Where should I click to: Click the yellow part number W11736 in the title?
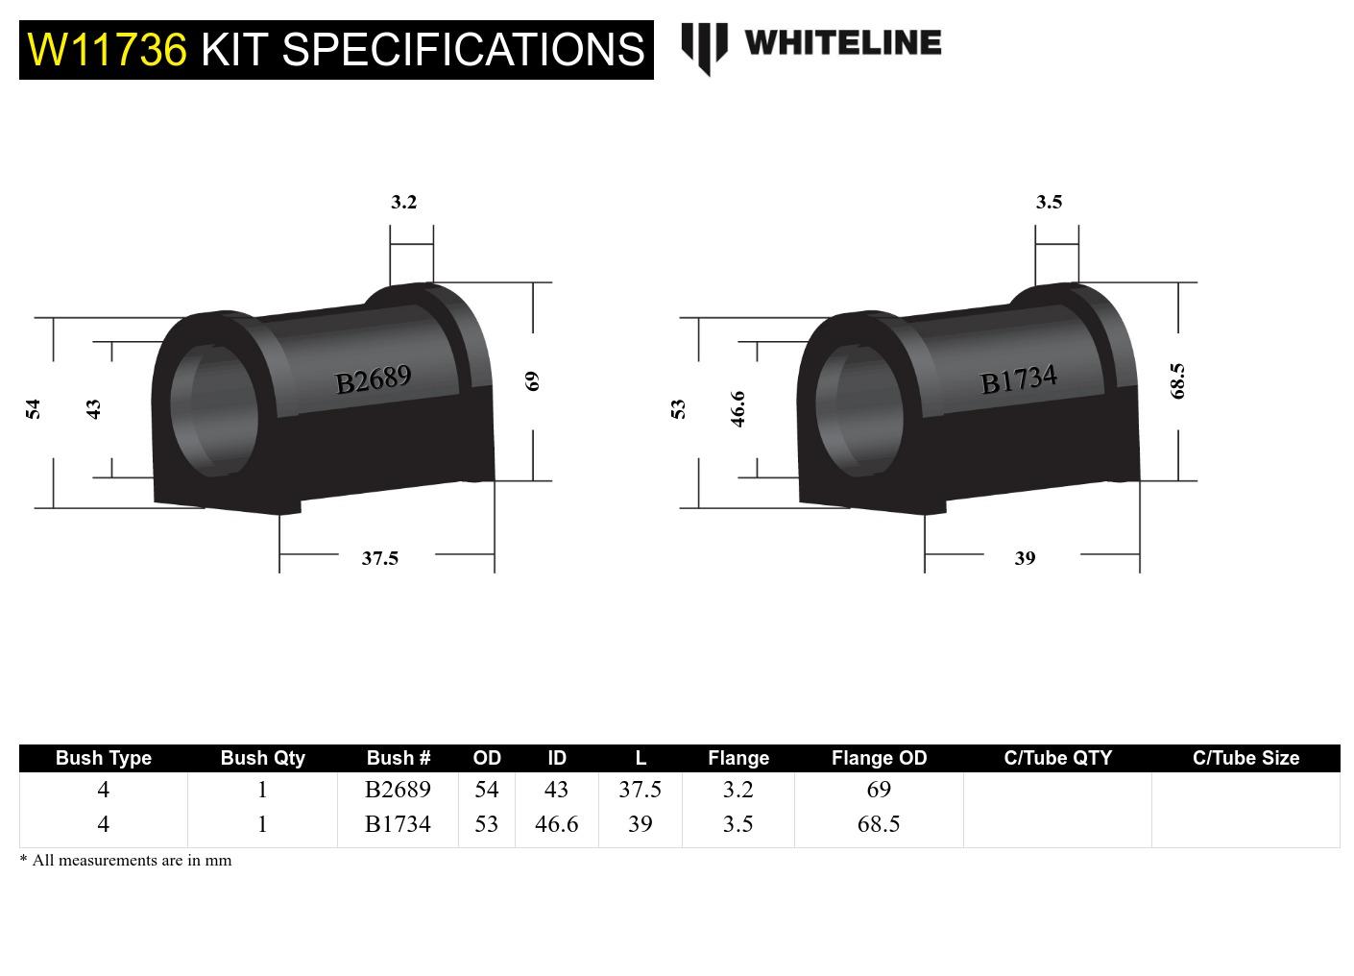(107, 50)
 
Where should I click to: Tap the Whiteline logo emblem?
(704, 47)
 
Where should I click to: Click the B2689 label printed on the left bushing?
(373, 379)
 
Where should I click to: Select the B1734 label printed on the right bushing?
(1018, 379)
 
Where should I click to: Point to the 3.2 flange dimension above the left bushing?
(403, 202)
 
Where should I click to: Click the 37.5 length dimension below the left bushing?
(379, 558)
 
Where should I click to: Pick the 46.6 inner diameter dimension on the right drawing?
(737, 408)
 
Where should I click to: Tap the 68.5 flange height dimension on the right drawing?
(1178, 380)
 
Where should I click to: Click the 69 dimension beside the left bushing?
(533, 380)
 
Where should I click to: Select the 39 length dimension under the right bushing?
(1025, 558)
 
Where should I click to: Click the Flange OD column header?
(879, 758)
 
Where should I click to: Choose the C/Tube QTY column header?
(1057, 758)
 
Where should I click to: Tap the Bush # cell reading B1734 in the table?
(398, 824)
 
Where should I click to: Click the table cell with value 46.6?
(556, 824)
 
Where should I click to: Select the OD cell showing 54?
(487, 790)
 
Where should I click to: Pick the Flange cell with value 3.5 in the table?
(737, 824)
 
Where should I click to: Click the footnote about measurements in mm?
(126, 861)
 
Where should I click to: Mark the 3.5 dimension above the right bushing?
(1049, 202)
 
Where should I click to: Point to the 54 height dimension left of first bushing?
(34, 408)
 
